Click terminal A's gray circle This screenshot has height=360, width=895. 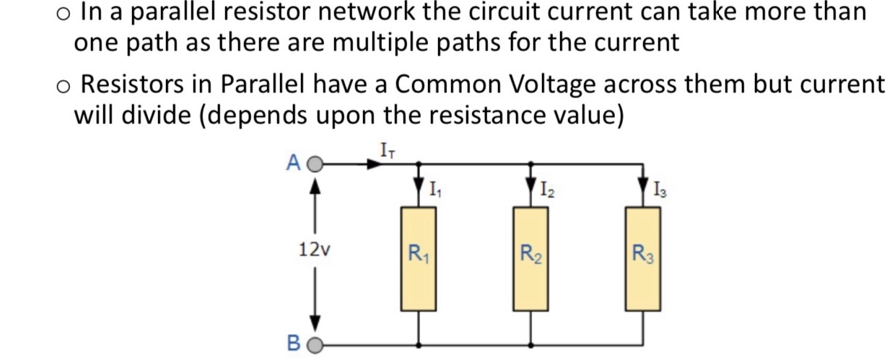[x=314, y=164]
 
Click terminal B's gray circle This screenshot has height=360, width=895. [x=314, y=344]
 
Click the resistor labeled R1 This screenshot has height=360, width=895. [x=419, y=258]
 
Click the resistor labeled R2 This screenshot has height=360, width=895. [x=531, y=258]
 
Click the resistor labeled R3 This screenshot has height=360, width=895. [x=642, y=258]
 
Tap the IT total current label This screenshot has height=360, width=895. [x=387, y=150]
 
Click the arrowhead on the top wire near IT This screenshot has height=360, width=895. [x=373, y=164]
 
